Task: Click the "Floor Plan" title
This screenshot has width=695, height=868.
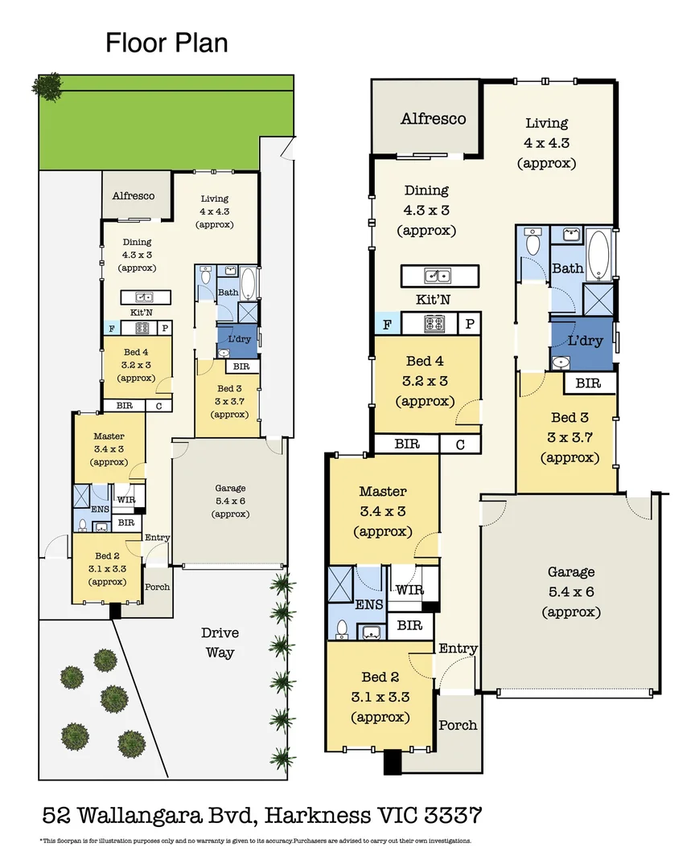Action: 167,43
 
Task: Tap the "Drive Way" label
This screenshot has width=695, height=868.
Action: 220,642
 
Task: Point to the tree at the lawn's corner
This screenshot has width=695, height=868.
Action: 48,87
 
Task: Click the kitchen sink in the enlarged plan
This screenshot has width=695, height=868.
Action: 439,276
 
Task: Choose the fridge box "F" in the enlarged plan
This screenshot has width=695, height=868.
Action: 388,324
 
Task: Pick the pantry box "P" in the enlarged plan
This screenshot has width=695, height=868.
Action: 469,324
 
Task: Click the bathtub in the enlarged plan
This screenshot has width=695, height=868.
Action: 599,254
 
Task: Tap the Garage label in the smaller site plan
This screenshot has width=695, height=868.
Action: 230,488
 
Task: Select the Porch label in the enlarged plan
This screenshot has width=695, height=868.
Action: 458,725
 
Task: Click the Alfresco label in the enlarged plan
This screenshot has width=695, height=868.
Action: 434,119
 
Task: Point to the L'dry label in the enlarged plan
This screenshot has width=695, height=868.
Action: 585,341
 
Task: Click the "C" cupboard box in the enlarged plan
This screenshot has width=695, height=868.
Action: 460,444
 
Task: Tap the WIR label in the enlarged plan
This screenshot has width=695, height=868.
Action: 409,590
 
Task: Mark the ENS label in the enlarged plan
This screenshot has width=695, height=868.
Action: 368,604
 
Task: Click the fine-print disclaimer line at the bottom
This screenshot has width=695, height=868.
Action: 255,841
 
